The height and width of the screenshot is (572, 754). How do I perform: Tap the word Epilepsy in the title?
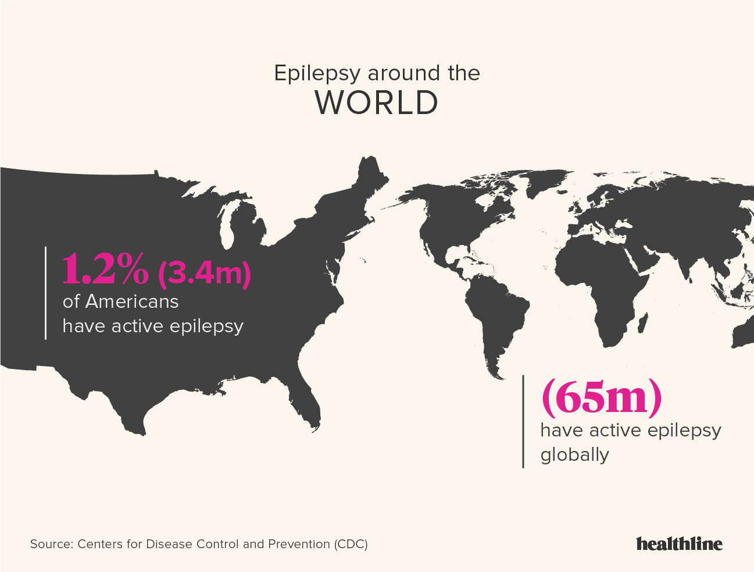tap(317, 74)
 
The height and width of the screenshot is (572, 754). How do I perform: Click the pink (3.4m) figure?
tap(204, 272)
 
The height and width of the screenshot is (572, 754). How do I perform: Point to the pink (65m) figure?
tap(601, 397)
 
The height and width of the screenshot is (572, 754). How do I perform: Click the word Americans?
tap(132, 301)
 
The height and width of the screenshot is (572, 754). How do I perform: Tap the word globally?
tap(574, 454)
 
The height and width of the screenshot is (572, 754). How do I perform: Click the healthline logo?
tap(679, 543)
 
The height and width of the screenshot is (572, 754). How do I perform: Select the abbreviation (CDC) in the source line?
tap(351, 544)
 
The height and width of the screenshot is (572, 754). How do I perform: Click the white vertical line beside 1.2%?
tap(45, 293)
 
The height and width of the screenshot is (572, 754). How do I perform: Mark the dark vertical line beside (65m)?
tap(523, 421)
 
